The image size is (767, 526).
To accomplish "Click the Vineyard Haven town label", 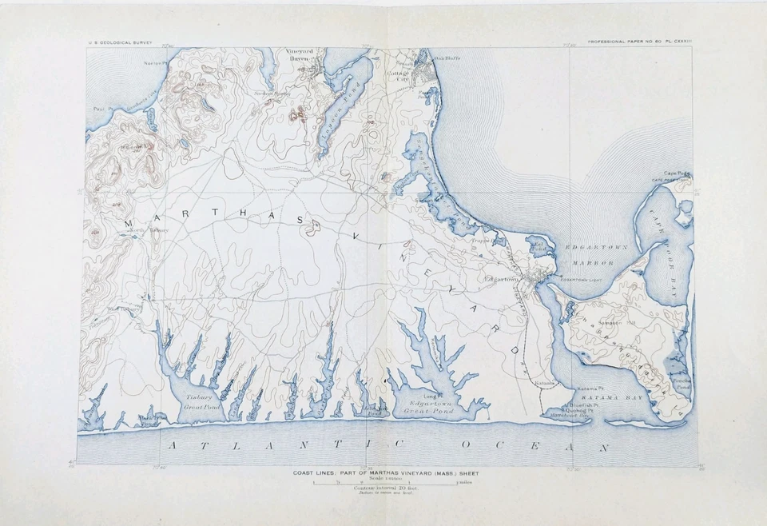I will tap(300, 56).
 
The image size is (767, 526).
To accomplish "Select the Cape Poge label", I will tap(676, 173).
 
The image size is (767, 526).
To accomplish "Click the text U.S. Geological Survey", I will tap(121, 42).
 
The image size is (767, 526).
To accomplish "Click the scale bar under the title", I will tap(383, 484).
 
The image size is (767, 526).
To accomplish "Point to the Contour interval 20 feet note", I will tap(383, 490).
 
